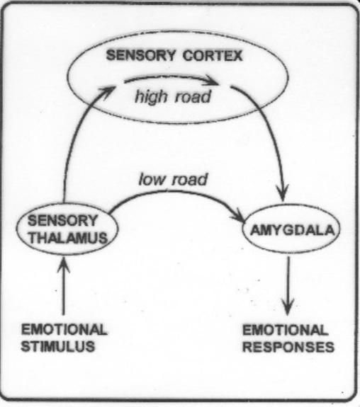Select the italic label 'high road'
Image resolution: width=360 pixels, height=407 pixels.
coord(173,97)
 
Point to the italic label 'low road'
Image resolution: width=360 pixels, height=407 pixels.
coord(173,180)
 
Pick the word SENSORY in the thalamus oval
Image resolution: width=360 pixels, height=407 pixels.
coord(62,221)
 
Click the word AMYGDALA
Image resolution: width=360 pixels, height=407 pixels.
coord(292,230)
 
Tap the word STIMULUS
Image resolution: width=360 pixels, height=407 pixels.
coord(58,347)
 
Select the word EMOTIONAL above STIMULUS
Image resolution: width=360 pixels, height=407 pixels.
coord(64,330)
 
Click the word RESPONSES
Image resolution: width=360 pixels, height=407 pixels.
coord(288,347)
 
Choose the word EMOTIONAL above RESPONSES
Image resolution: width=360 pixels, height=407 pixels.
coord(285,330)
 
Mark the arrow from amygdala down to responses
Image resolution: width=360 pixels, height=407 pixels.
coord(288,285)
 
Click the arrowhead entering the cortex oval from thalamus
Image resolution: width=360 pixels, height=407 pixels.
coord(108,91)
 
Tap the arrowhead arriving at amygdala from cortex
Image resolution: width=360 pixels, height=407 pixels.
coord(283,193)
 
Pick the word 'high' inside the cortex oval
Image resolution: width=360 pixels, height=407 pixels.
coord(151,98)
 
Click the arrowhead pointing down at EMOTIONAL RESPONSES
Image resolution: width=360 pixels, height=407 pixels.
coord(288,307)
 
